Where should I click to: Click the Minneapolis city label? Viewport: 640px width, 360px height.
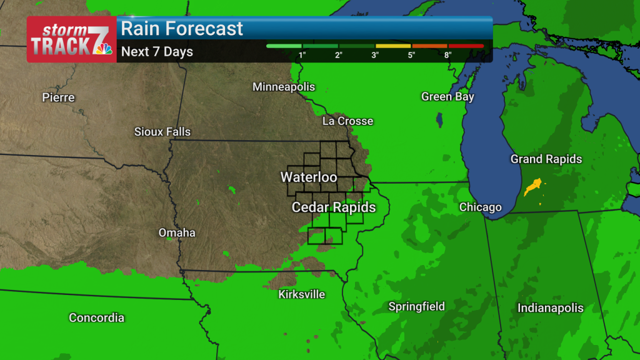tap(284, 87)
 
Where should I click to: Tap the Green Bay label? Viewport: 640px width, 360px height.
tap(447, 97)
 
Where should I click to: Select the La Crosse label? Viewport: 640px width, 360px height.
tap(347, 121)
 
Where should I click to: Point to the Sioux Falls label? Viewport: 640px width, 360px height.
tap(162, 132)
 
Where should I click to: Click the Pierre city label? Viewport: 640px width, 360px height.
tap(58, 97)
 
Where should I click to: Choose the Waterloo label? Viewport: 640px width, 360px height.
tap(309, 177)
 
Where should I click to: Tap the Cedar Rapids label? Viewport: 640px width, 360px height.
tap(334, 207)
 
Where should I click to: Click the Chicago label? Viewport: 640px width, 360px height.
tap(480, 207)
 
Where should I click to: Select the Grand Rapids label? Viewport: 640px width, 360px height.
tap(546, 159)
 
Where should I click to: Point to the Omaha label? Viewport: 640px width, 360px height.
tap(177, 233)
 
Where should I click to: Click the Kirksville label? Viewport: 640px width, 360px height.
tap(302, 294)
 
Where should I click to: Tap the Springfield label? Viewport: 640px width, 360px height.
tap(417, 306)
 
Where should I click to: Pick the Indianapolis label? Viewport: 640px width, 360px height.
tap(550, 308)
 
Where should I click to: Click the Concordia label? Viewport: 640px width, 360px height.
tap(96, 318)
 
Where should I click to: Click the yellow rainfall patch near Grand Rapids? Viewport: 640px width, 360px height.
tap(533, 186)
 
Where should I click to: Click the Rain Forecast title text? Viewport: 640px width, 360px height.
tap(182, 29)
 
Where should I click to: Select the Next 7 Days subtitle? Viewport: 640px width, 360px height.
tap(157, 52)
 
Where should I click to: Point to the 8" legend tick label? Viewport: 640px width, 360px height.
tap(448, 55)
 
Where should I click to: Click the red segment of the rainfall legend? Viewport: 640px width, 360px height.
tap(466, 46)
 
